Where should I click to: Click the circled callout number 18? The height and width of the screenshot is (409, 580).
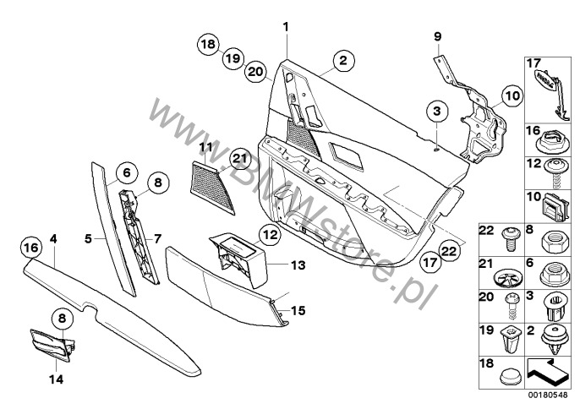coord(209,45)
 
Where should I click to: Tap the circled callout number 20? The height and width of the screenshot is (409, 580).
coord(256,72)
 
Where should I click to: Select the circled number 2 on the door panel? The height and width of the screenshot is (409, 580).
coord(342,61)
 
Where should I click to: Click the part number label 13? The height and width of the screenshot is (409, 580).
coord(297,264)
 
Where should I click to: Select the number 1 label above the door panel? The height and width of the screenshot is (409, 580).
coord(286,27)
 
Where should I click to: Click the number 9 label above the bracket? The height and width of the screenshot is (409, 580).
coord(438,36)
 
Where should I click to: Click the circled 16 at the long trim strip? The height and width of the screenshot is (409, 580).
coord(30,248)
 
